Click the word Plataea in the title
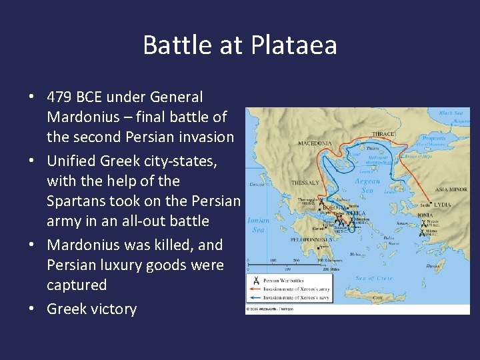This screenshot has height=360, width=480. [x=294, y=46]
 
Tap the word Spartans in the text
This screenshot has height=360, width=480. [x=75, y=201]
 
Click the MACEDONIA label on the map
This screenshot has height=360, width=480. [x=315, y=143]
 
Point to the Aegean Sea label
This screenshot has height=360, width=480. [x=367, y=185]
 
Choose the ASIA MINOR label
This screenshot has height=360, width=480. [x=451, y=189]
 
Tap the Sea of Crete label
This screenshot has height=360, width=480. [x=374, y=277]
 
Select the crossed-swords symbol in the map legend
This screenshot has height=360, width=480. [x=254, y=280]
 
